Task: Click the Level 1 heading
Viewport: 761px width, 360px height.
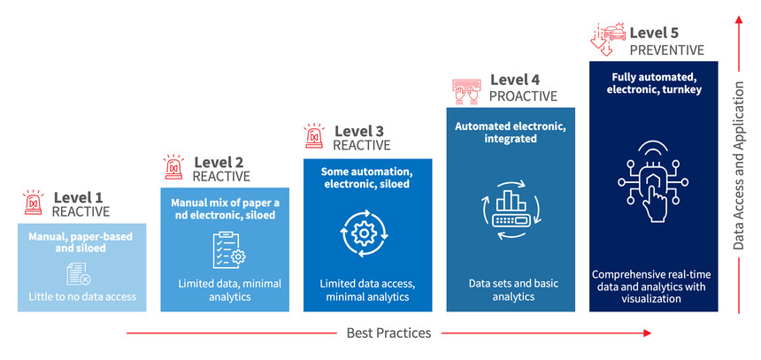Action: click(78, 197)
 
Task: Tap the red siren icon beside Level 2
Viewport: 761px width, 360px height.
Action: click(173, 167)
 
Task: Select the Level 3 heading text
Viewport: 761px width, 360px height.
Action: click(358, 131)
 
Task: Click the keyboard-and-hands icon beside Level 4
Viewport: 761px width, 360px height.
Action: click(466, 91)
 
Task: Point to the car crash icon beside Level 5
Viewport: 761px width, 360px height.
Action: click(608, 39)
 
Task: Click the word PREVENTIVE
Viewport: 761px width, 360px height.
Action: click(667, 50)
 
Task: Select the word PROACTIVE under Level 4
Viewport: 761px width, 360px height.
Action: click(523, 96)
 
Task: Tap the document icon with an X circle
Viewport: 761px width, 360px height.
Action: click(78, 274)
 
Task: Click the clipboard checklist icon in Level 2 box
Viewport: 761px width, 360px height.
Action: click(229, 249)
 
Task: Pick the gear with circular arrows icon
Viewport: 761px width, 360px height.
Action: click(364, 233)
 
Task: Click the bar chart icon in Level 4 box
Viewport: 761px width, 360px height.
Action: click(510, 210)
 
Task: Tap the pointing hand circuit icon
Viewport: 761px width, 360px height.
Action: click(653, 181)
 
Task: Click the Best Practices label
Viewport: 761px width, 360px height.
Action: click(388, 333)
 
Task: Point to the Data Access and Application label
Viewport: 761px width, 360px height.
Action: click(738, 165)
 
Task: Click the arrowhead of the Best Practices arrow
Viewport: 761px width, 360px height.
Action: click(647, 333)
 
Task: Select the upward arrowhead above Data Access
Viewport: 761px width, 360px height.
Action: click(739, 19)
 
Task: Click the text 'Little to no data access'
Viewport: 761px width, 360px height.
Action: click(82, 296)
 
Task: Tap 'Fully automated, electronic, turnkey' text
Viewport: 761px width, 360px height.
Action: click(654, 83)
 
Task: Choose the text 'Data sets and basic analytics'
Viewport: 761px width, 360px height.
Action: click(513, 289)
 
